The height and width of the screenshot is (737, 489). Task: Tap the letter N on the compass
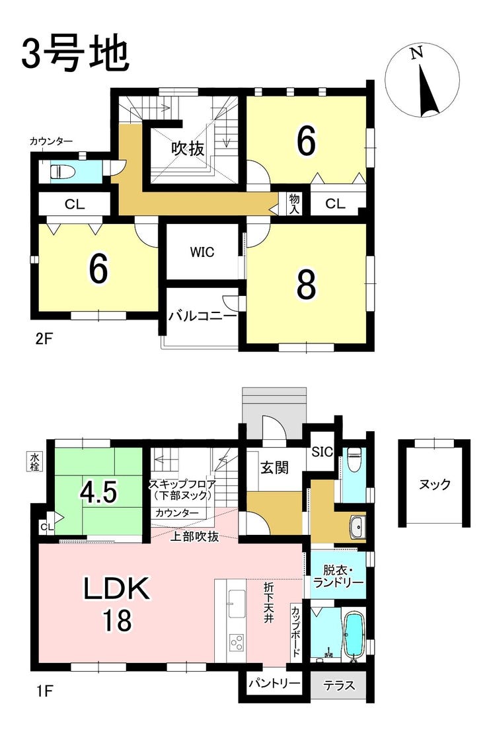tap(416, 53)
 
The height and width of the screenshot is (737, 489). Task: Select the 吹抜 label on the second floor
tap(188, 149)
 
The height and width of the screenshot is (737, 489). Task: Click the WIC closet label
tap(202, 252)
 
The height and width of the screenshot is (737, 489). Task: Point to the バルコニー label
tap(203, 316)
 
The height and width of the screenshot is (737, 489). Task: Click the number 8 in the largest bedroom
tap(306, 284)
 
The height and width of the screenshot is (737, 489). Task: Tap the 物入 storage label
tap(294, 203)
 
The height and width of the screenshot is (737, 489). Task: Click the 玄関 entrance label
tap(274, 468)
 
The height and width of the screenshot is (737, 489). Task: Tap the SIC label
tap(322, 452)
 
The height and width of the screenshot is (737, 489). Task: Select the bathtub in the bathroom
tap(355, 634)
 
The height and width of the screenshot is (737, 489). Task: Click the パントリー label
tap(274, 683)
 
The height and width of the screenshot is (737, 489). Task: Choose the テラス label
tap(339, 685)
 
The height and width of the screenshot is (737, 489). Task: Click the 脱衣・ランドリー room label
tap(338, 577)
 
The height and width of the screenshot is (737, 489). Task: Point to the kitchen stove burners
tap(237, 643)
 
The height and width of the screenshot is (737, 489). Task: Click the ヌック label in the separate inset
tap(434, 484)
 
